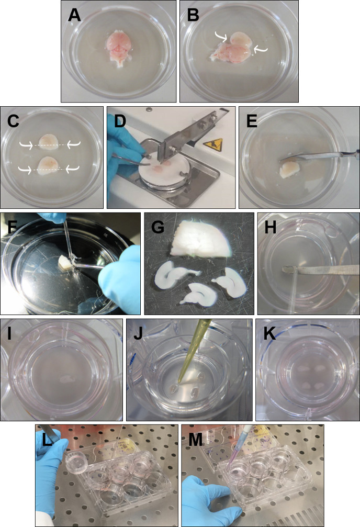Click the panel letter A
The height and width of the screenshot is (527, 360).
pos(74,15)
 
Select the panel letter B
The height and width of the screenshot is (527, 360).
pos(193,15)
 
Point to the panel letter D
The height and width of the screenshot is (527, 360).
pos(120,121)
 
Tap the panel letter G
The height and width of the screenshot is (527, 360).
pos(157,227)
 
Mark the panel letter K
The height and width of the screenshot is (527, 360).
pos(269,334)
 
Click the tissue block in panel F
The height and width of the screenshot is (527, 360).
pos(65,262)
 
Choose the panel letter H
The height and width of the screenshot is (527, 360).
pos(271,227)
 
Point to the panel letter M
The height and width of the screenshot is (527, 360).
pos(196,439)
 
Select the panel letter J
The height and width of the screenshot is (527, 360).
pos(138,334)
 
